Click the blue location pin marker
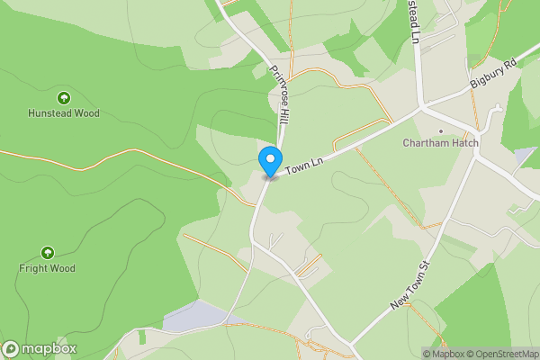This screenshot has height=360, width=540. click(269, 161)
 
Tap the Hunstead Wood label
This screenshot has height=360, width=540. click(63, 113)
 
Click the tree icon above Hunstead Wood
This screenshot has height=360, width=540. click(63, 97)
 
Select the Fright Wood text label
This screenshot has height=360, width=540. click(48, 268)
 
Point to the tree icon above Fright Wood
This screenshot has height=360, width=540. click(48, 253)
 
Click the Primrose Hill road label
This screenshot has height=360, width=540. click(279, 94)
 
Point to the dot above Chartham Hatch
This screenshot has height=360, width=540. click(441, 130)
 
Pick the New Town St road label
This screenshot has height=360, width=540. click(412, 286)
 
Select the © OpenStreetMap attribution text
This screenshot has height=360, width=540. click(502, 354)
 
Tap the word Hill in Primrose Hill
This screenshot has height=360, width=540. click(283, 112)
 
